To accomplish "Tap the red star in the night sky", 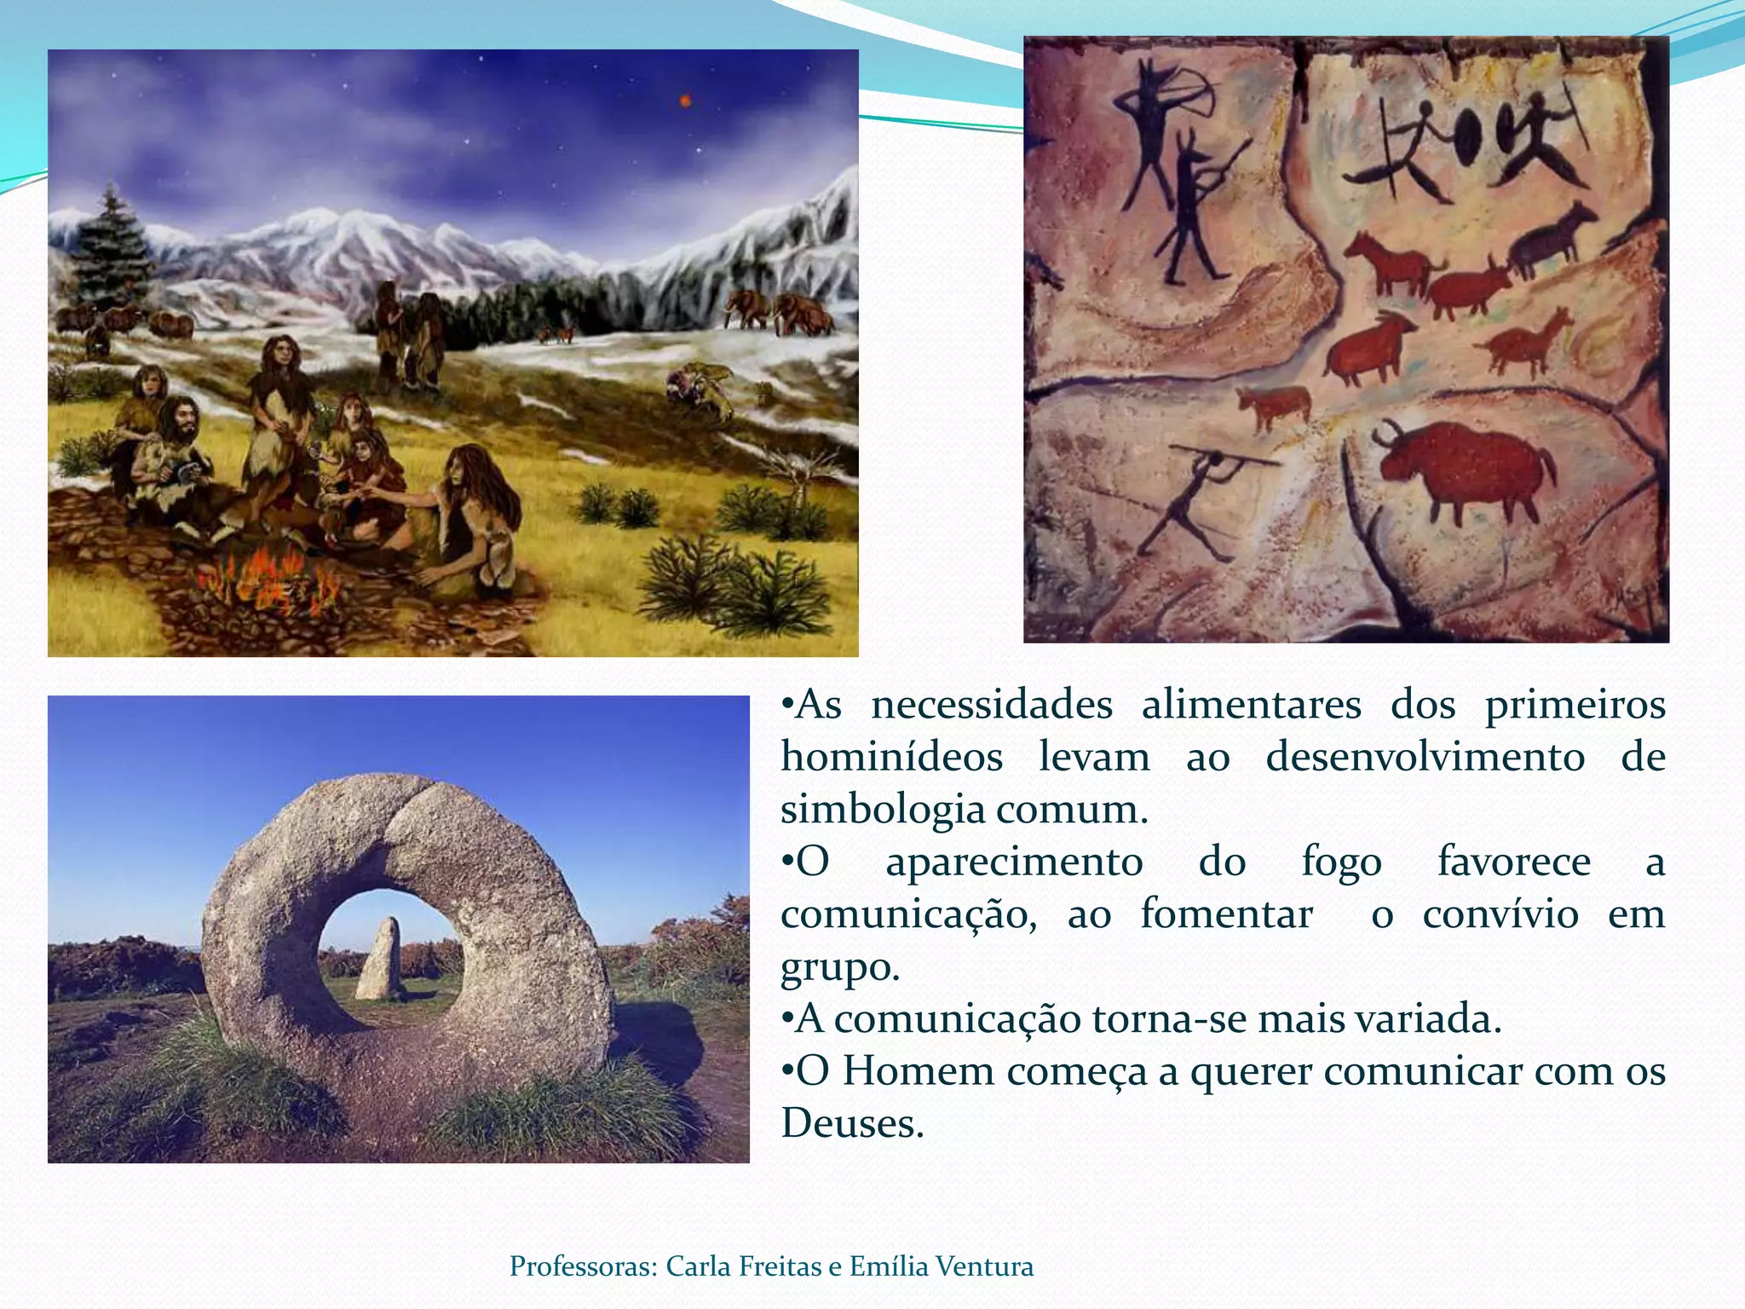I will pyautogui.click(x=683, y=101).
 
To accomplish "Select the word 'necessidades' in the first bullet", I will pyautogui.click(x=992, y=706).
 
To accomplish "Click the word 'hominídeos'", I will pyautogui.click(x=891, y=758).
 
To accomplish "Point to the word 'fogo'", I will pyautogui.click(x=1341, y=862).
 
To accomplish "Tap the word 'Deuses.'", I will pyautogui.click(x=852, y=1124).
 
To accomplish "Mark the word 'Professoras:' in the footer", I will pyautogui.click(x=584, y=1266).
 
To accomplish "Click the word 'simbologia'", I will pyautogui.click(x=881, y=810).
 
